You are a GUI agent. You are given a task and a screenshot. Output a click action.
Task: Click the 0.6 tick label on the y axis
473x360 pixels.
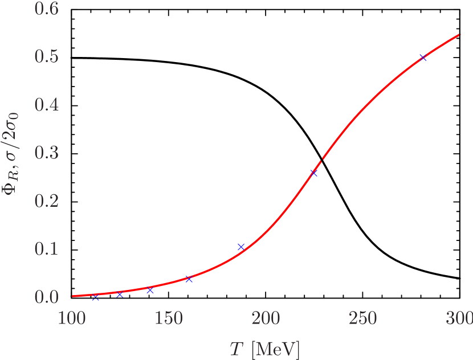point(47,9)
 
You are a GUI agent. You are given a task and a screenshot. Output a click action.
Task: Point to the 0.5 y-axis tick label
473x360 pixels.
point(47,57)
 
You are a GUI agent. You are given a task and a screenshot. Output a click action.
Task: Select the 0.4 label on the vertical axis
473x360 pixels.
point(47,105)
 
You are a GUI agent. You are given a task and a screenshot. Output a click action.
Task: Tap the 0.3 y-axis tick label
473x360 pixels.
point(47,153)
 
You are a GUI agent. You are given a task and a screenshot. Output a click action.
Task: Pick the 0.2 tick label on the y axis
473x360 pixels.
point(47,201)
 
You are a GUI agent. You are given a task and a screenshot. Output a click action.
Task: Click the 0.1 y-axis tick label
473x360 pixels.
point(47,249)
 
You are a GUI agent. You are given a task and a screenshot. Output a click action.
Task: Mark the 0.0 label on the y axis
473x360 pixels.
point(47,297)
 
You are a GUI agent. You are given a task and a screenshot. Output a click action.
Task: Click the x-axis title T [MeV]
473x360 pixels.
point(264,349)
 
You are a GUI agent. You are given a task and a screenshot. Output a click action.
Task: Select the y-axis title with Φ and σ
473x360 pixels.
point(12,153)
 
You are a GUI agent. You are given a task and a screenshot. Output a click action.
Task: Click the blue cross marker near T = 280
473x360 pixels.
point(423,58)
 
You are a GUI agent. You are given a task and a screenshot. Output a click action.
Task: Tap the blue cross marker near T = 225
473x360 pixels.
point(314,173)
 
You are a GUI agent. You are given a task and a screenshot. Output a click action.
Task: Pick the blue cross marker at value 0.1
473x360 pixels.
point(241,247)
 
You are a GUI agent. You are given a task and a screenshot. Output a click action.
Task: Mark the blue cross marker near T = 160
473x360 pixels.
point(189,279)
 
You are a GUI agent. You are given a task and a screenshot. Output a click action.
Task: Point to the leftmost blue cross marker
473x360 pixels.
point(95,296)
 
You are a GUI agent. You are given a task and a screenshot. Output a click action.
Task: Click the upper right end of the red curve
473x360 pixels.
point(460,34)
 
